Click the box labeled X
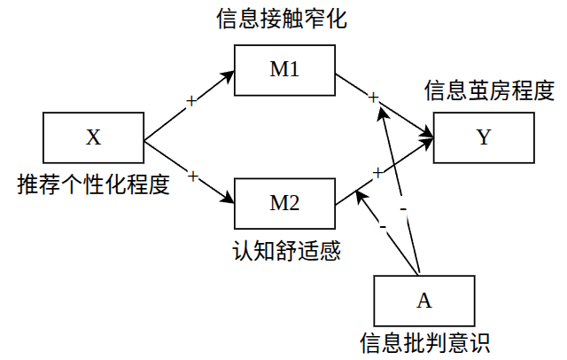93,137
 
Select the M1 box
283,70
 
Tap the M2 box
283,203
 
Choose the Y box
483,137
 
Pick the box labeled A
423,300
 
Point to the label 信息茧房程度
490,90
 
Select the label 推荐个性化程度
93,185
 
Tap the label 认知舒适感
283,250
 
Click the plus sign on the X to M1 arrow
191,101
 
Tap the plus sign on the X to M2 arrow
191,173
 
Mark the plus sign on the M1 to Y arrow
374,97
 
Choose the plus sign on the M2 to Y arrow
377,172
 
